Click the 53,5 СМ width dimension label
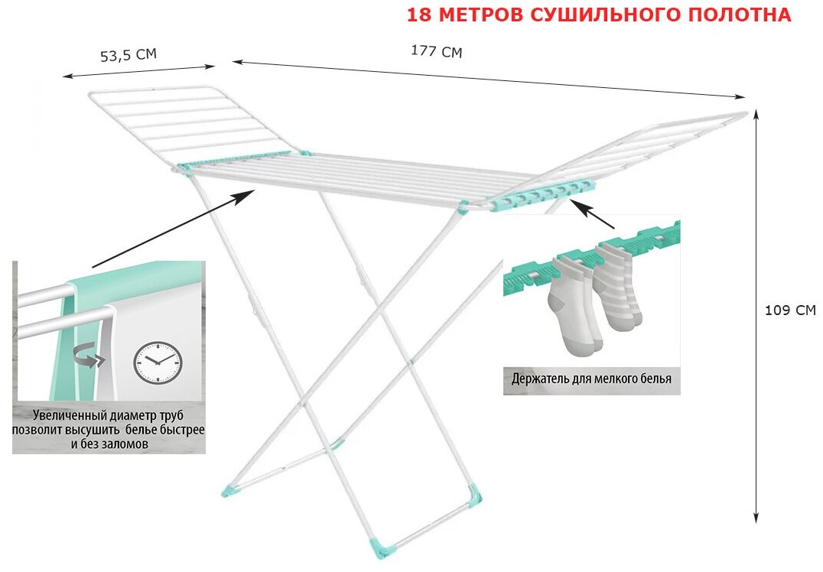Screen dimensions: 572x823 [x=128, y=55]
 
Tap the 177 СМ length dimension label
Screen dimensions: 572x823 [x=437, y=51]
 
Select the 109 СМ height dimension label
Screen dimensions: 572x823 [x=790, y=310]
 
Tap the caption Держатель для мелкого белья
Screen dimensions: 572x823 [x=591, y=379]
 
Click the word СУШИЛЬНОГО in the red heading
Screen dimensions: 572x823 [x=597, y=15]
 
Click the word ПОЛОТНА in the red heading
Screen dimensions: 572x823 [x=746, y=15]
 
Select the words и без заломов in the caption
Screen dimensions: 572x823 [x=109, y=444]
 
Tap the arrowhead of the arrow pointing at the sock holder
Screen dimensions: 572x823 [x=578, y=206]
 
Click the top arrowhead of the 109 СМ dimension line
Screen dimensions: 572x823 [x=756, y=114]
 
